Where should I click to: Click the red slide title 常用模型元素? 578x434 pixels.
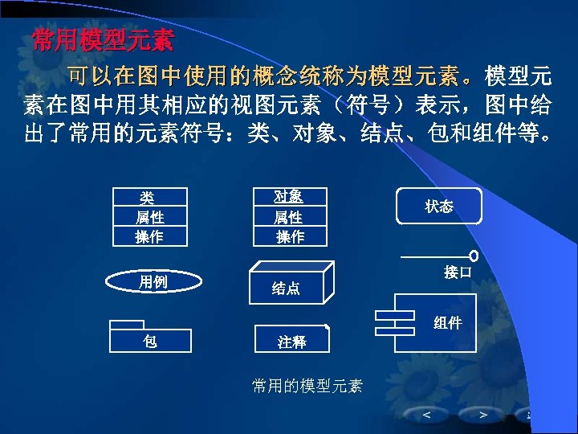pyautogui.click(x=102, y=40)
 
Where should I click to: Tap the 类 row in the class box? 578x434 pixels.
pyautogui.click(x=149, y=198)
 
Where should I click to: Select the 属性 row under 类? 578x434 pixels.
pyautogui.click(x=149, y=217)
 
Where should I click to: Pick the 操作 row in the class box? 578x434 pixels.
pyautogui.click(x=149, y=236)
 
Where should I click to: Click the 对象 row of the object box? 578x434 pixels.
pyautogui.click(x=289, y=197)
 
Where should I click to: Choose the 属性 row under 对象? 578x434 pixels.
pyautogui.click(x=289, y=217)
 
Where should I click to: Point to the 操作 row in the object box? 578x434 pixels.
pyautogui.click(x=289, y=236)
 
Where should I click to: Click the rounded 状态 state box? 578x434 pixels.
pyautogui.click(x=439, y=207)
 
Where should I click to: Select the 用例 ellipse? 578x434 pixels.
pyautogui.click(x=153, y=282)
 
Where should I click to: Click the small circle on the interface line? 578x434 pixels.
pyautogui.click(x=474, y=256)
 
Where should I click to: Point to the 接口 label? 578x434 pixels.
pyautogui.click(x=457, y=273)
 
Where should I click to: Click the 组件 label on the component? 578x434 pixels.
pyautogui.click(x=447, y=322)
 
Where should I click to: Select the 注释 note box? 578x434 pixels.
pyautogui.click(x=292, y=340)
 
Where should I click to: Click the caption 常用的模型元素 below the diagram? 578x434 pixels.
pyautogui.click(x=307, y=387)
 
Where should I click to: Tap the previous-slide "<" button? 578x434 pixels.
pyautogui.click(x=426, y=415)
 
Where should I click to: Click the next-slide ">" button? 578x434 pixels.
pyautogui.click(x=483, y=415)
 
